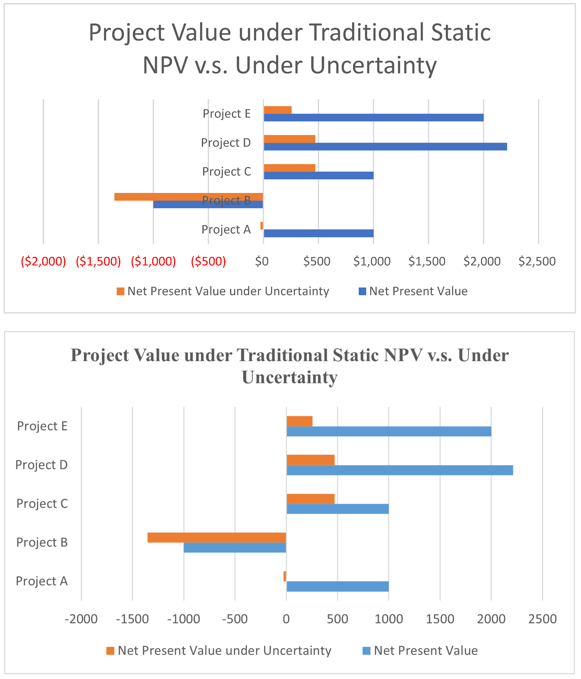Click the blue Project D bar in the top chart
385,147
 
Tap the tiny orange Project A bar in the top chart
262,225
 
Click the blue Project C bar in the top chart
318,175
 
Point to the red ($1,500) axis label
98,261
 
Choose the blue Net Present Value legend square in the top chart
362,291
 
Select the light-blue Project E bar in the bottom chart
389,431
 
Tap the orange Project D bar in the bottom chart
310,460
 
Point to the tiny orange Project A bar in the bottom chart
285,576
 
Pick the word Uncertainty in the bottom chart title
290,377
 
